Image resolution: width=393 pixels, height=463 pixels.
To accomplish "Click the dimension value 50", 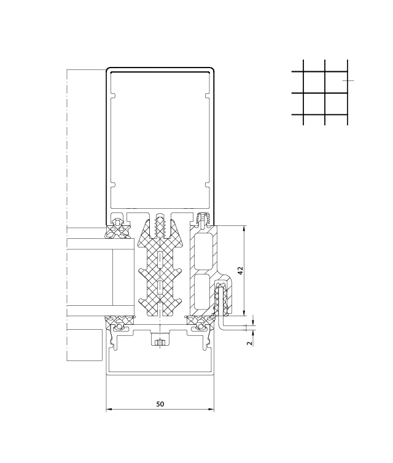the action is tap(160, 403).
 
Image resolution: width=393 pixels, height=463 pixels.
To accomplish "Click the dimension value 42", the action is tap(240, 271).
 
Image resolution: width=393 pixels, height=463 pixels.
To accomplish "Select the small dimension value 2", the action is tap(250, 343).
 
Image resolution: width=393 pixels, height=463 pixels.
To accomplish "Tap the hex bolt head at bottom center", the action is tap(160, 342).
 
